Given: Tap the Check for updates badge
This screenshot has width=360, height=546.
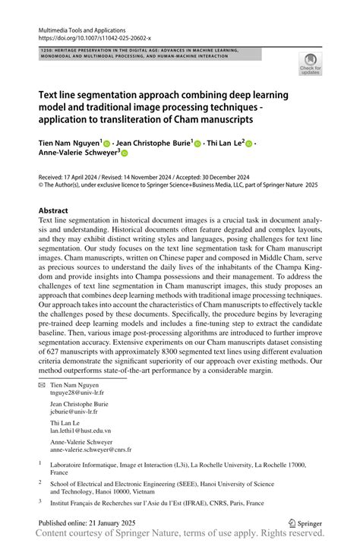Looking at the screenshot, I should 310,65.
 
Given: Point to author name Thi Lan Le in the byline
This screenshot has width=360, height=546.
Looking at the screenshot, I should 226,142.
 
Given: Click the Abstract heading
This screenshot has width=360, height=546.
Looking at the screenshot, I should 55,210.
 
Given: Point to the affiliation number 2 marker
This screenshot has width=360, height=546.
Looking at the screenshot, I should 40,481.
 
